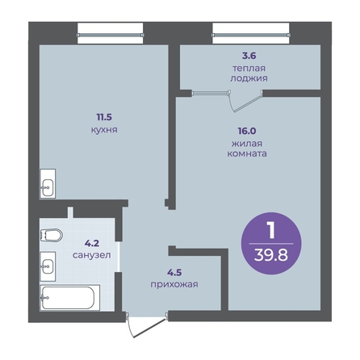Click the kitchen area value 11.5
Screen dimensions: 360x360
(x=104, y=117)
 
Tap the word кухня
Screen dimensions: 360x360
(x=104, y=130)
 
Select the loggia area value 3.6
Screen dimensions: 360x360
(x=249, y=56)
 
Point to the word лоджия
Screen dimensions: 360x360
(x=249, y=78)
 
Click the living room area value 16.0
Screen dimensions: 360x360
(x=247, y=131)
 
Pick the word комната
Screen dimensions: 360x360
(x=247, y=153)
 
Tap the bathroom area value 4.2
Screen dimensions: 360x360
(x=92, y=244)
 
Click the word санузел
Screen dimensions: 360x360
(x=92, y=255)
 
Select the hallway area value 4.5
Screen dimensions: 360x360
(x=174, y=273)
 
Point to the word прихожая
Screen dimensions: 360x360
(x=174, y=284)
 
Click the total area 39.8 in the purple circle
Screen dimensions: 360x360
(x=271, y=255)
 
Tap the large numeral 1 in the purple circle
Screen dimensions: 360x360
(x=271, y=230)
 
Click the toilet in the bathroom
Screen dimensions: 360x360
(x=52, y=235)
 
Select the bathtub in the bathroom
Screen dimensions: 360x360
(x=70, y=298)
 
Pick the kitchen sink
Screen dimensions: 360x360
(x=48, y=184)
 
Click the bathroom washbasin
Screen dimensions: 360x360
(x=48, y=266)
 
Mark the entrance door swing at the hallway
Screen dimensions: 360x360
(x=147, y=329)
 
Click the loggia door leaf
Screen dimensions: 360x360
(x=248, y=102)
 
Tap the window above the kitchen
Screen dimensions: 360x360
(x=111, y=35)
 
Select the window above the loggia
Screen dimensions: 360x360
(x=251, y=35)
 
